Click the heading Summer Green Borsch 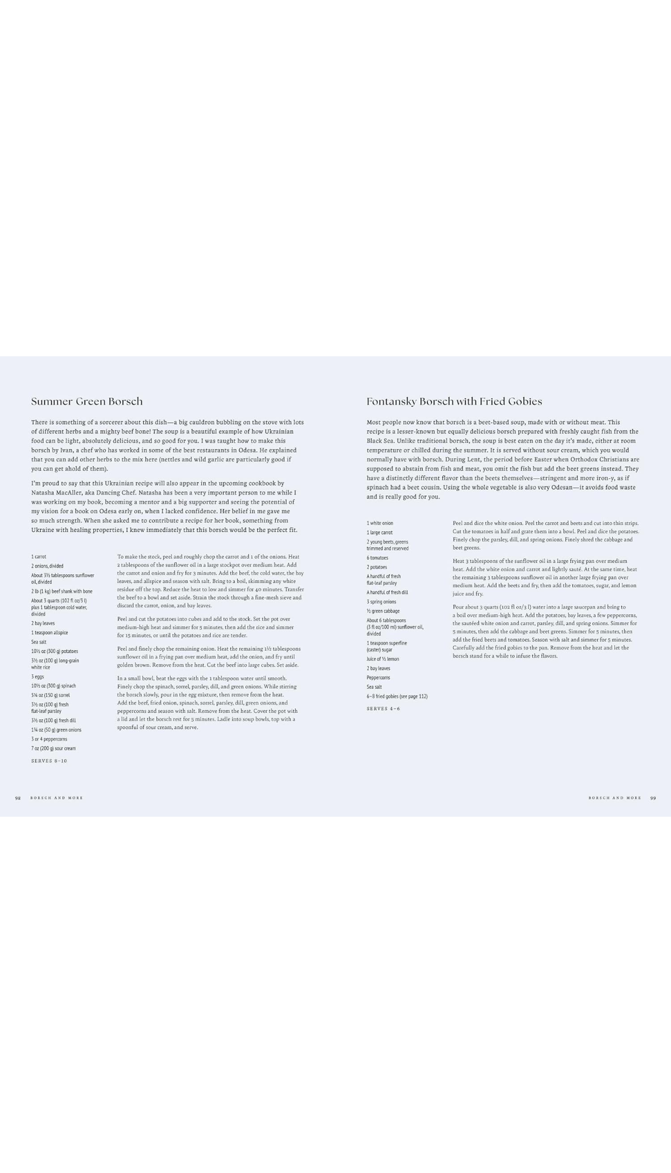click(87, 402)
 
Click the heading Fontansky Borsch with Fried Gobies click(454, 402)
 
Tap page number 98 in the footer click(18, 798)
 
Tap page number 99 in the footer click(653, 798)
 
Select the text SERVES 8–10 click(49, 761)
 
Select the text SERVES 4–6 click(383, 709)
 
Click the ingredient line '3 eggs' click(37, 676)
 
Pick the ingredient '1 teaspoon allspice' click(50, 632)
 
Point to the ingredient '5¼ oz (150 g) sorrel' click(50, 695)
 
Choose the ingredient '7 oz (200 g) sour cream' click(53, 748)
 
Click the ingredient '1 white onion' click(380, 523)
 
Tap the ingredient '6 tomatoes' click(377, 558)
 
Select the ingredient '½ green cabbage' click(383, 611)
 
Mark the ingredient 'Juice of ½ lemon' click(383, 659)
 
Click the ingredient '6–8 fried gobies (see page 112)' click(397, 696)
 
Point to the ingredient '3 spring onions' click(381, 602)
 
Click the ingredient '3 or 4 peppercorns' click(49, 739)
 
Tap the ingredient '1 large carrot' click(380, 532)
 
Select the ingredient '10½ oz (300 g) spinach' click(54, 686)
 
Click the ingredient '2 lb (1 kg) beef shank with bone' click(62, 591)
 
